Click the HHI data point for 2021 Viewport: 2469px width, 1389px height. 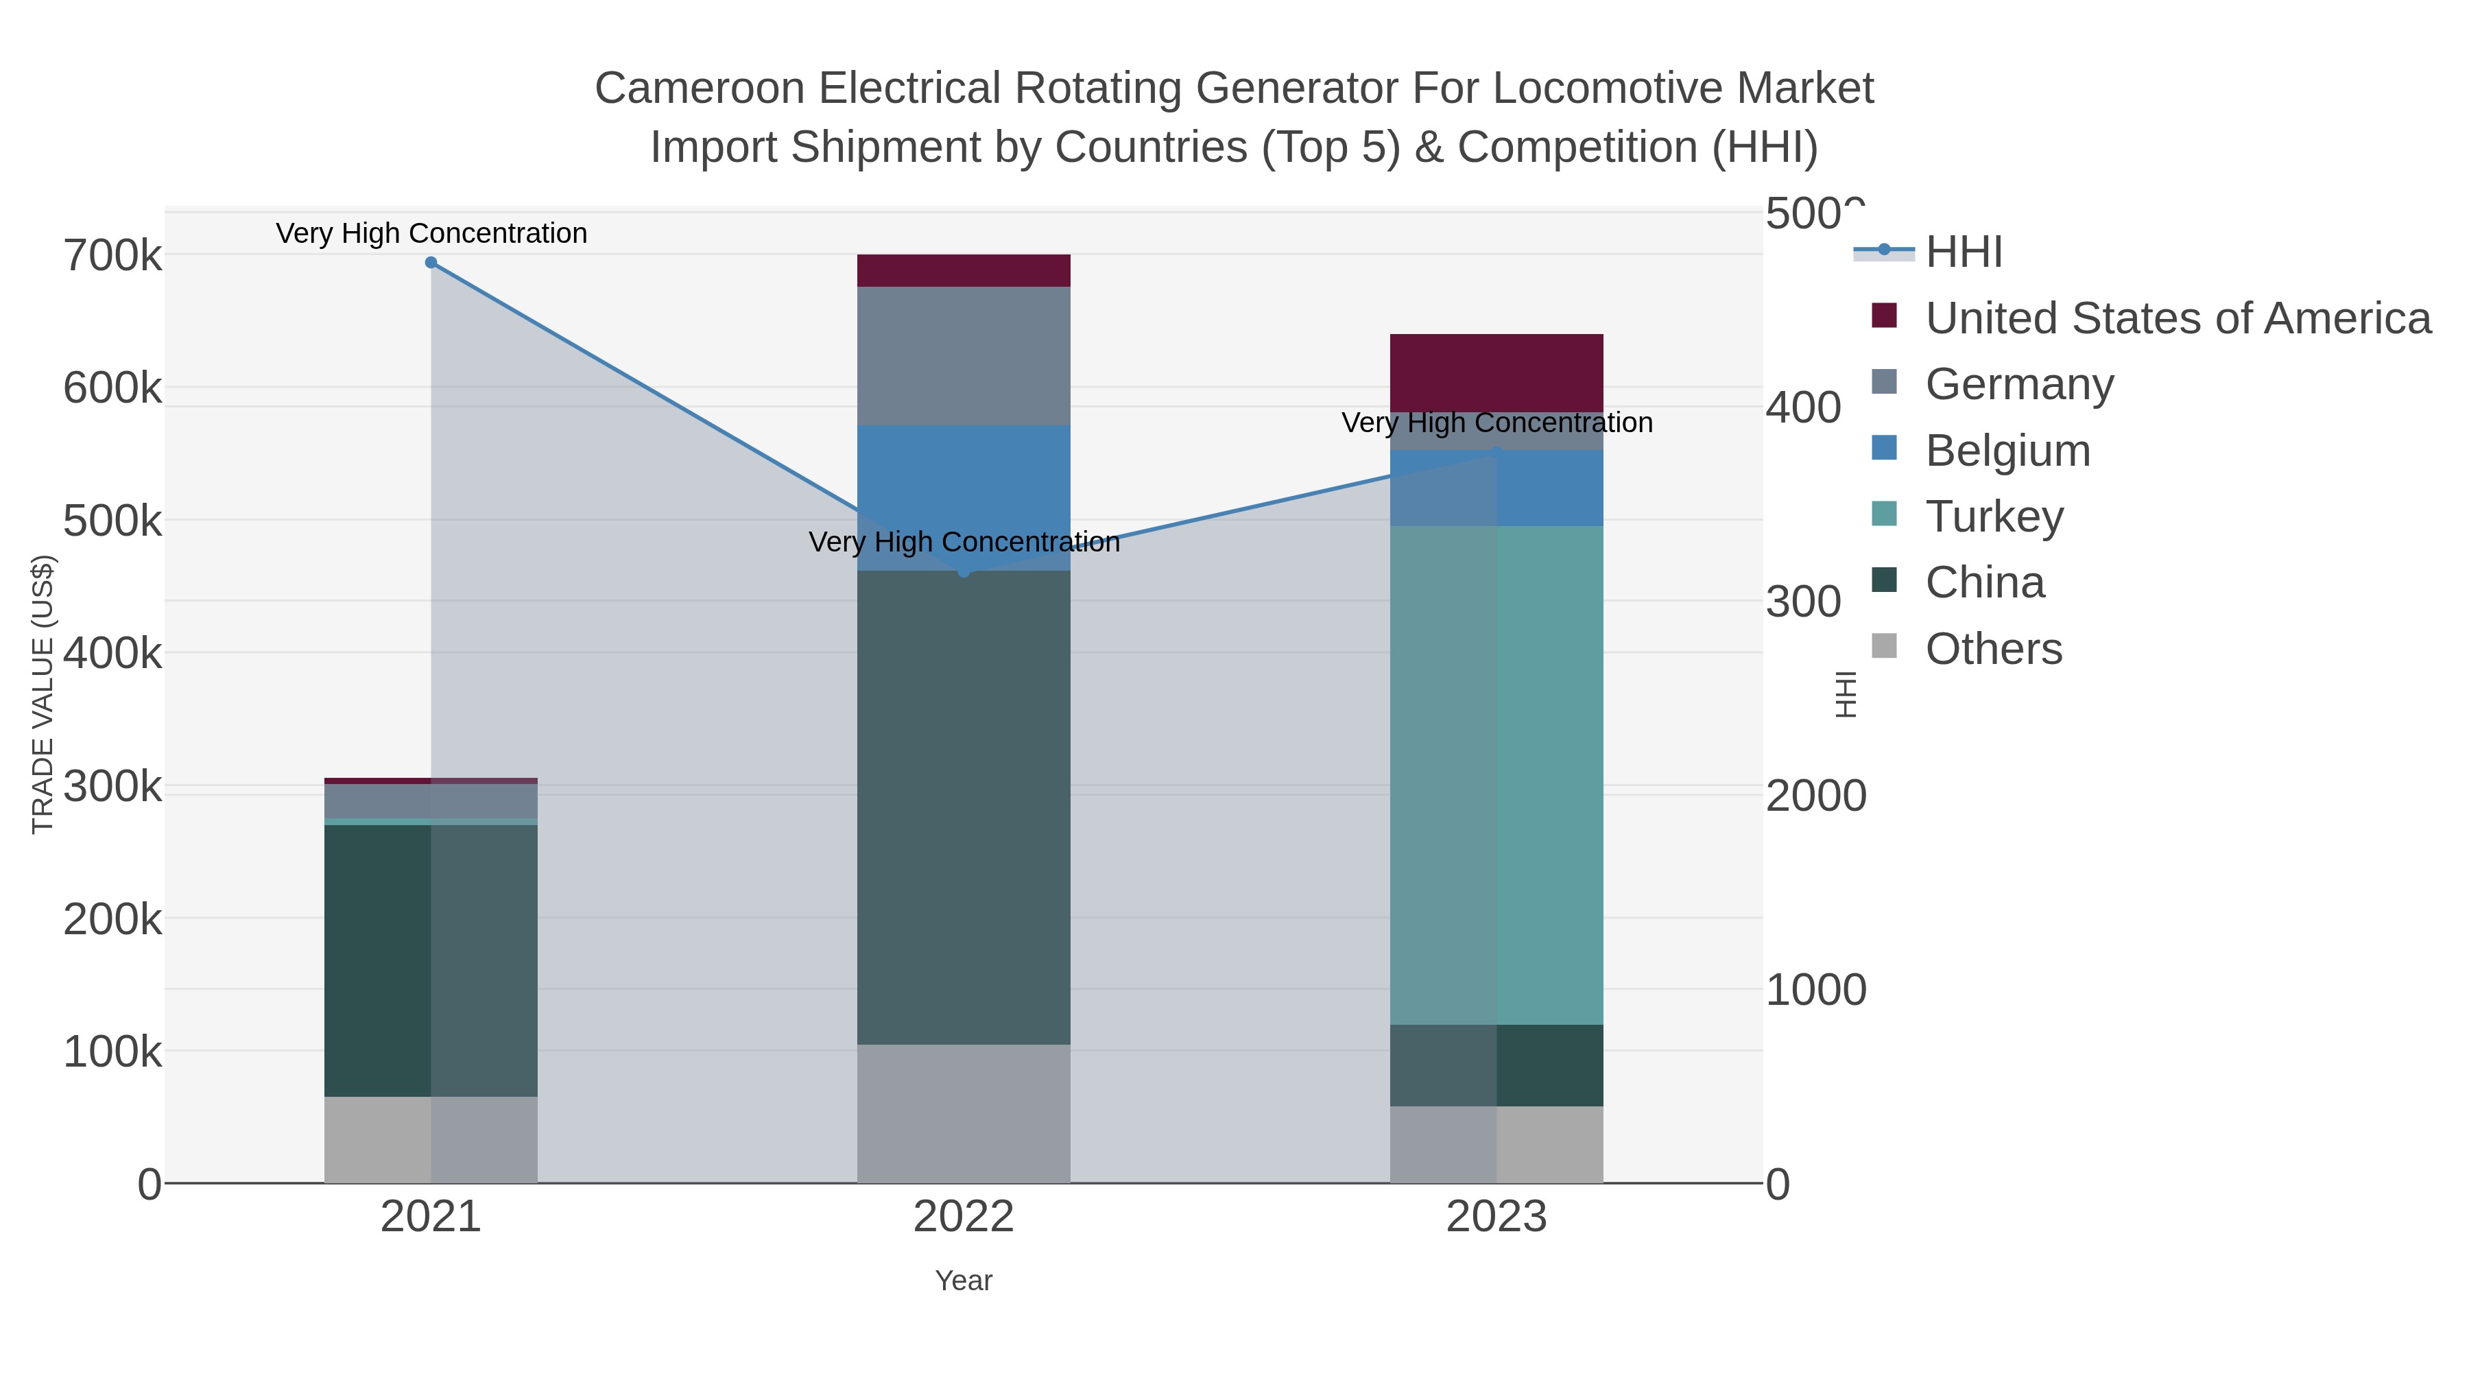pos(431,263)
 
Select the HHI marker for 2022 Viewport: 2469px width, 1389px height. pos(964,572)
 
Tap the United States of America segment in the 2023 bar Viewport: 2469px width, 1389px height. pos(1496,373)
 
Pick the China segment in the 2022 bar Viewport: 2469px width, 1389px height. pos(964,807)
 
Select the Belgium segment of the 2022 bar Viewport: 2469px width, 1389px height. pos(964,497)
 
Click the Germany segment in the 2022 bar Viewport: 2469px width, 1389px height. pos(964,355)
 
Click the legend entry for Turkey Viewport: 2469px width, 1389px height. pos(1994,517)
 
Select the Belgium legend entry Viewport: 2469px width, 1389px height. pos(2007,451)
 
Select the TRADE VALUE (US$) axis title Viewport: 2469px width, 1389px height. pos(43,694)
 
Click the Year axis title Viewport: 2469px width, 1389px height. pos(964,1281)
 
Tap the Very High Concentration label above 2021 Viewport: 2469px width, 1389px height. pos(431,234)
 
